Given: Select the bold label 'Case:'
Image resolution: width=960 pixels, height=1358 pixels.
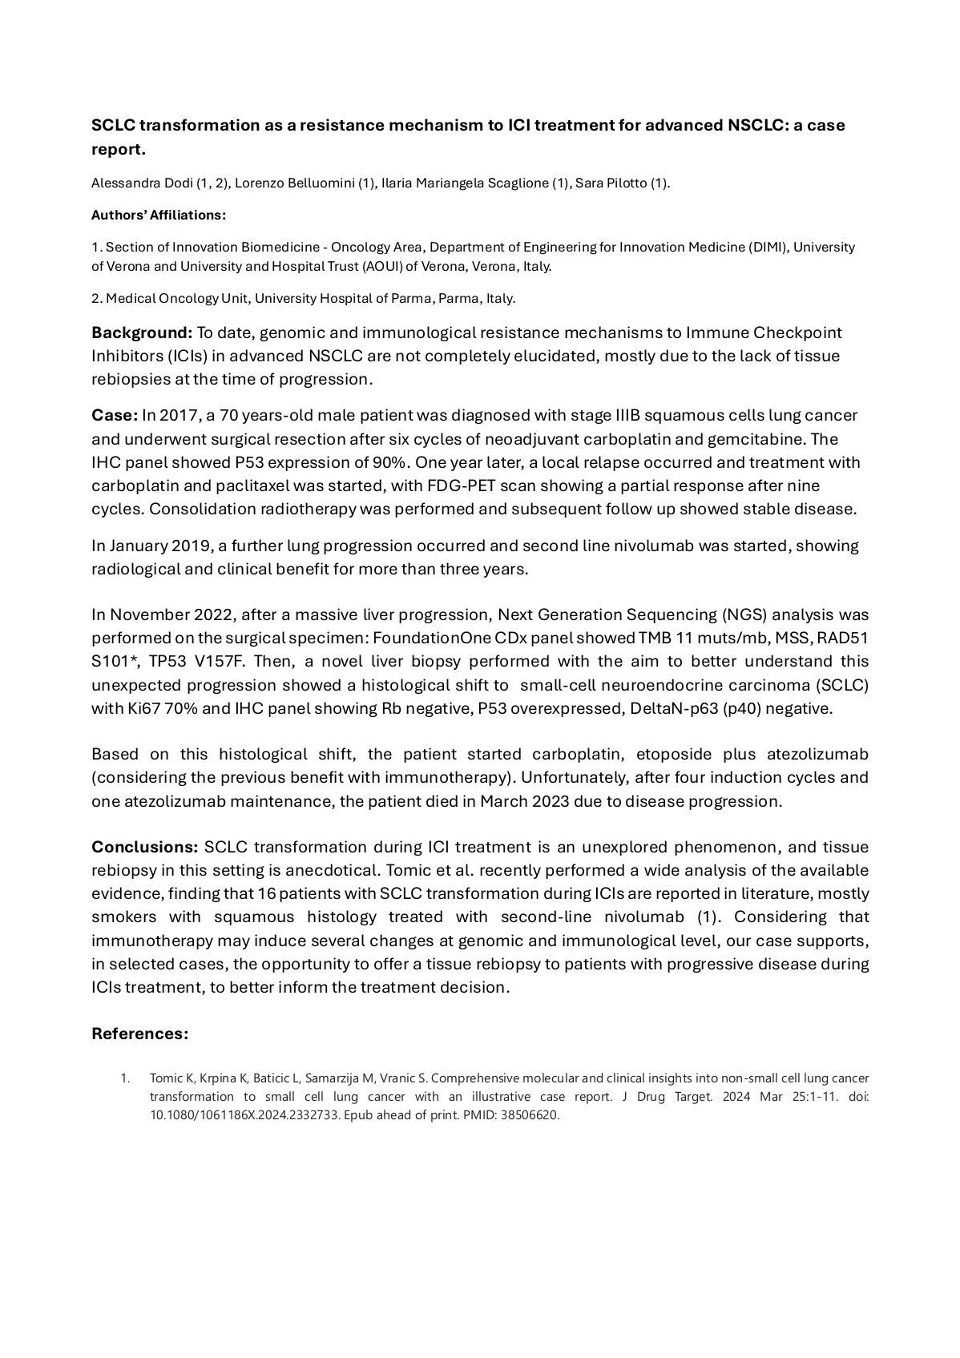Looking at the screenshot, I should [115, 416].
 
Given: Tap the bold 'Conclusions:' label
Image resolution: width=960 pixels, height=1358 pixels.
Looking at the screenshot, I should [145, 848].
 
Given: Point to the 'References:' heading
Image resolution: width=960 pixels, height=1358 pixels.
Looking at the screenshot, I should [140, 1034].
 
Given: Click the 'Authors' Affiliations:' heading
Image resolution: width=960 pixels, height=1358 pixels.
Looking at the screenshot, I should [159, 215].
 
